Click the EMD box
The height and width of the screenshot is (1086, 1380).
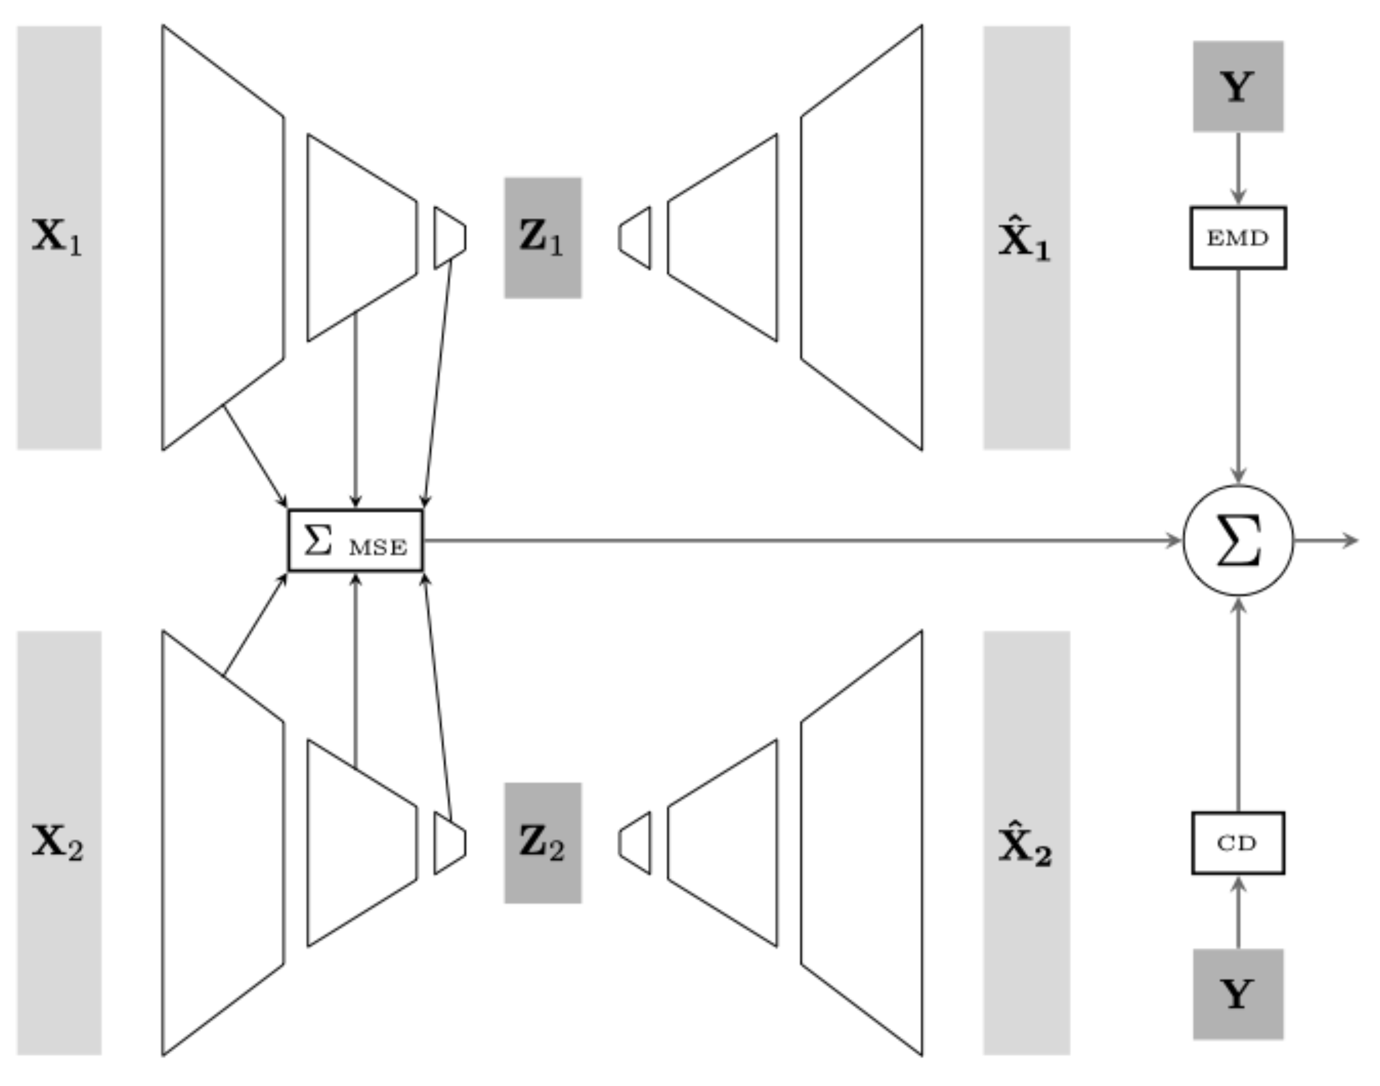coord(1238,238)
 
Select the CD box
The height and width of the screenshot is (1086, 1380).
coord(1238,843)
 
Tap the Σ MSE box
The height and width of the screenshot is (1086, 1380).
coord(356,541)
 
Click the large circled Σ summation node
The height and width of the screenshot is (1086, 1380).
coord(1238,541)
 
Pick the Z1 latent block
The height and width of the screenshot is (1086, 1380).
coord(543,238)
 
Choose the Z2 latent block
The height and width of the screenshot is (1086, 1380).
coord(543,843)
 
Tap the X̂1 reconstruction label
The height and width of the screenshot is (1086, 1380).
coord(1024,240)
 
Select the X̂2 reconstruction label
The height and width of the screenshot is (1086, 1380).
coord(1024,846)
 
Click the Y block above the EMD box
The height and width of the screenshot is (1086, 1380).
coord(1238,87)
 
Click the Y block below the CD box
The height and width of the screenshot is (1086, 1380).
coord(1238,995)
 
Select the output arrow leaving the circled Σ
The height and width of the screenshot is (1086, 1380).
coord(1325,541)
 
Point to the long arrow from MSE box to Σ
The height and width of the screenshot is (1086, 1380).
coord(795,541)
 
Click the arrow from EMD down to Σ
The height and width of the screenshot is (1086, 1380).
coord(1238,375)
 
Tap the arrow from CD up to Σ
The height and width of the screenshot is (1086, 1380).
coord(1238,706)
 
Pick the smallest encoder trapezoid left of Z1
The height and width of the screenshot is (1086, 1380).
coord(450,238)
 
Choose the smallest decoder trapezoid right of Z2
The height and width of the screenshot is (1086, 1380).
coord(635,843)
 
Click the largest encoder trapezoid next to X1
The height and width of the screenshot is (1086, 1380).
coord(222,238)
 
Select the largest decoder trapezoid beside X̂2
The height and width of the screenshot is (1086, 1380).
coord(862,843)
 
